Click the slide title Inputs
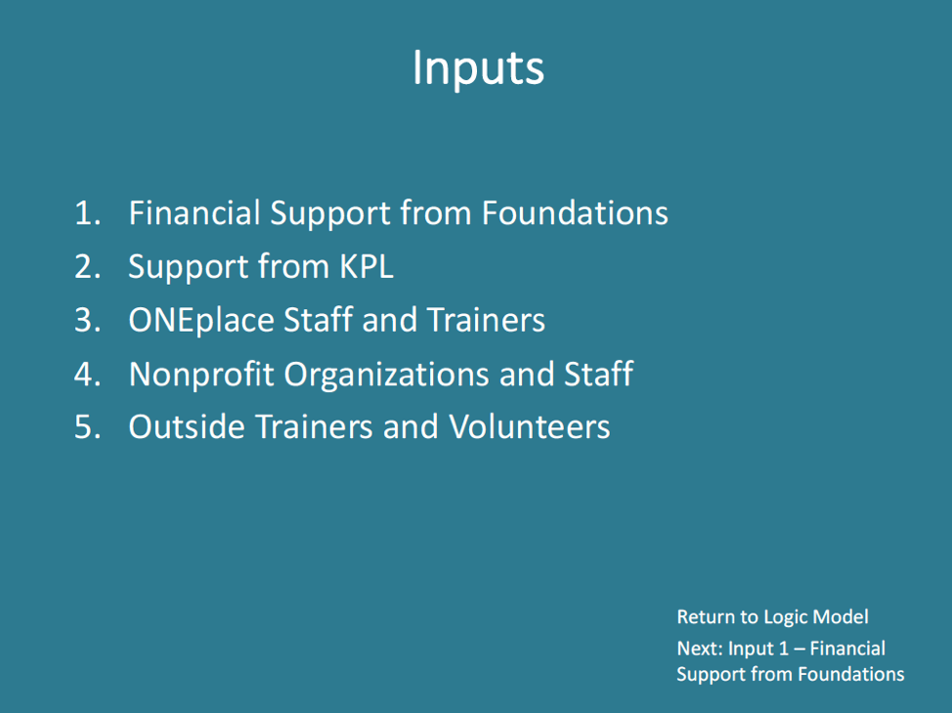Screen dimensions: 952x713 [478, 68]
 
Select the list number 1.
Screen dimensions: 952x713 [87, 213]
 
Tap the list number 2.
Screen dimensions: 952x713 [87, 267]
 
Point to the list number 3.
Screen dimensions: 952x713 [87, 320]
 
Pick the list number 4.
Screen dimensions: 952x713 [87, 374]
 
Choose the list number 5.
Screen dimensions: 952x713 [87, 426]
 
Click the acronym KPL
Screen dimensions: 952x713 [367, 267]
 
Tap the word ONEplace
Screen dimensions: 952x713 [201, 321]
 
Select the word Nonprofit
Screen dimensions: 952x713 [201, 375]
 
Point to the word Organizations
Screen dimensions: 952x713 [386, 375]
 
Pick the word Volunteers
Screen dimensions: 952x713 [530, 426]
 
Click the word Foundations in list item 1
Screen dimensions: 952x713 [575, 213]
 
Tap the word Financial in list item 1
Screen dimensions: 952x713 [195, 213]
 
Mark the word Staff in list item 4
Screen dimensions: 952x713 [598, 374]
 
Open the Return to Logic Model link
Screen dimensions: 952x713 [772, 617]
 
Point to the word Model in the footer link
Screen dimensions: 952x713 [841, 616]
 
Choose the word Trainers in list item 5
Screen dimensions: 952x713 [314, 426]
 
